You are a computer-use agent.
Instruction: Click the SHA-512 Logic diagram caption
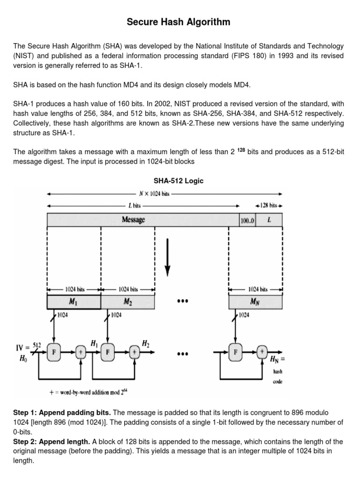(x=179, y=181)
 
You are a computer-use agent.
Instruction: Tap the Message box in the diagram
(x=134, y=219)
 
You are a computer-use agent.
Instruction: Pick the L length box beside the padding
(x=269, y=219)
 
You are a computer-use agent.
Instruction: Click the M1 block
(x=74, y=302)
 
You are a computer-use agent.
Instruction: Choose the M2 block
(x=127, y=302)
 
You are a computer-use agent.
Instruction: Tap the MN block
(x=255, y=302)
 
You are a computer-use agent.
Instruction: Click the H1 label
(x=94, y=344)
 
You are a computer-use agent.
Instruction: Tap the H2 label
(x=146, y=344)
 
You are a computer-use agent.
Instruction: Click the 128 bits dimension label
(x=269, y=205)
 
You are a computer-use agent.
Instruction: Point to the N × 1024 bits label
(x=154, y=193)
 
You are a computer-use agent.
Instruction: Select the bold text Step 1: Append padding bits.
(x=62, y=412)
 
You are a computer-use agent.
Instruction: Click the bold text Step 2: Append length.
(x=52, y=442)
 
